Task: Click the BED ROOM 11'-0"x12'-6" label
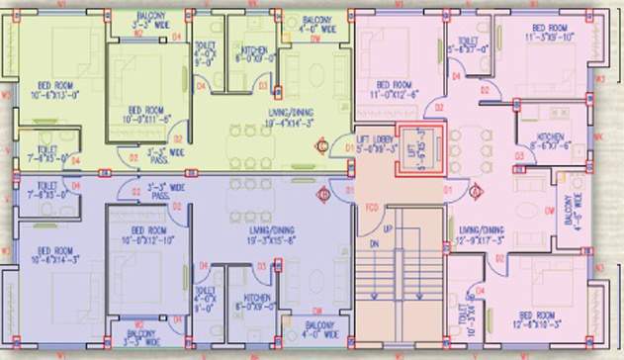pyautogui.click(x=389, y=90)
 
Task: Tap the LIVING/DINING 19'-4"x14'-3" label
pyautogui.click(x=292, y=120)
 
